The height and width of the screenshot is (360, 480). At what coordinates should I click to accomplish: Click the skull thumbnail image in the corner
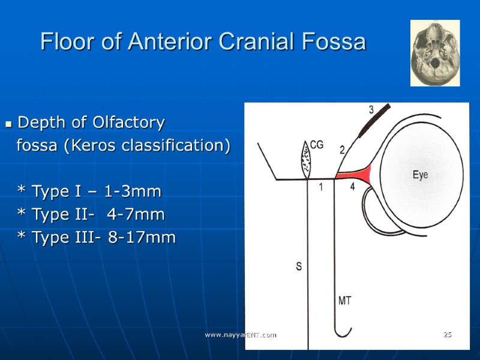tap(435, 53)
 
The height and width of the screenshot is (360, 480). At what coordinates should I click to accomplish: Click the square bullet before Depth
tap(8, 124)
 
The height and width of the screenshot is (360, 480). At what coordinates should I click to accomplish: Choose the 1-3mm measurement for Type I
tap(133, 192)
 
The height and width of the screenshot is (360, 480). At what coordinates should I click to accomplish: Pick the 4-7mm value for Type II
tap(135, 215)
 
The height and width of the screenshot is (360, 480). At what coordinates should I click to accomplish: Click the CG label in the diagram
tap(317, 145)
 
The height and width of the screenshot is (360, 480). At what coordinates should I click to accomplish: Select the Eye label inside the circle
tap(421, 175)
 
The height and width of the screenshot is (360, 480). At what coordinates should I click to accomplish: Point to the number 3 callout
tap(371, 110)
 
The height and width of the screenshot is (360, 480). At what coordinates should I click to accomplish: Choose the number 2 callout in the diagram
tap(342, 151)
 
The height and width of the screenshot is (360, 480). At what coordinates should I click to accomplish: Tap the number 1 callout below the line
tap(321, 187)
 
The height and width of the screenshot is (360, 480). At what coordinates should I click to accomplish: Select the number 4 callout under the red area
tap(353, 187)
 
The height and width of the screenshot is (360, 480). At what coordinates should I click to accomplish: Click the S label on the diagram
tap(299, 266)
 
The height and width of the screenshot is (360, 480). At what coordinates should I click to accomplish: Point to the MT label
tap(344, 301)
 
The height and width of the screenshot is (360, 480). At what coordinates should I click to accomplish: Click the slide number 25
tap(447, 334)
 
